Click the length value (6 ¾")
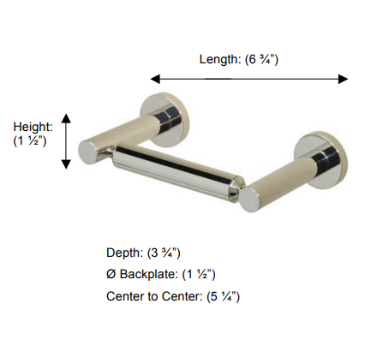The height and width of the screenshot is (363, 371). pos(261,59)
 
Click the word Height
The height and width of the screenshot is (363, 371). pos(32,126)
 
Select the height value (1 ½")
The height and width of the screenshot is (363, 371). pos(31,140)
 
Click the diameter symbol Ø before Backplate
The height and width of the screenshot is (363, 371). pos(111,274)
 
